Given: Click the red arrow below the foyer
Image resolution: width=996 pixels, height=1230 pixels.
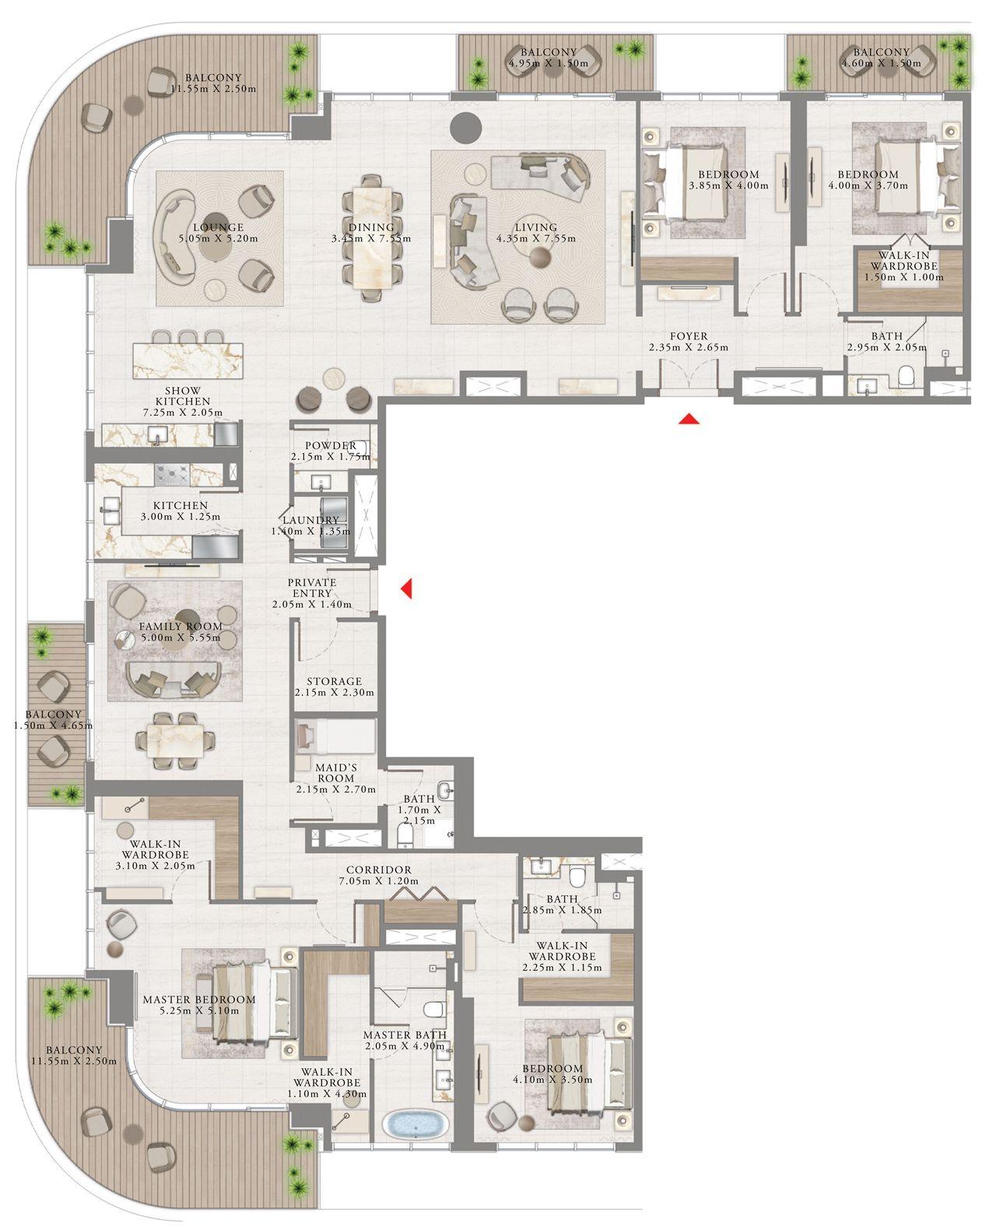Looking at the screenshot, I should point(686,420).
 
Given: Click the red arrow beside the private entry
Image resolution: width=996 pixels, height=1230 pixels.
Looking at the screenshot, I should point(405,589).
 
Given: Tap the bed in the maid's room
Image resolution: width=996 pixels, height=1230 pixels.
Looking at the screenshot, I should point(335,736).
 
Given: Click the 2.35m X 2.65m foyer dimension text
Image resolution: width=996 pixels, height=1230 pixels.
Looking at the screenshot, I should point(689,348).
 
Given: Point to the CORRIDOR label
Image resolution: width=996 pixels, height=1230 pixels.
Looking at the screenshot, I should point(380,870).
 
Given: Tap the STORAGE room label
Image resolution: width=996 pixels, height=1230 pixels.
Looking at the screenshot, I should point(334,681).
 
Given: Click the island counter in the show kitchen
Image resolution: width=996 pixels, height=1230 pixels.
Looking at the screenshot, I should point(188,358).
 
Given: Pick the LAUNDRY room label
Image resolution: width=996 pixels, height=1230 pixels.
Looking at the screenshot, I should point(310,520).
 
